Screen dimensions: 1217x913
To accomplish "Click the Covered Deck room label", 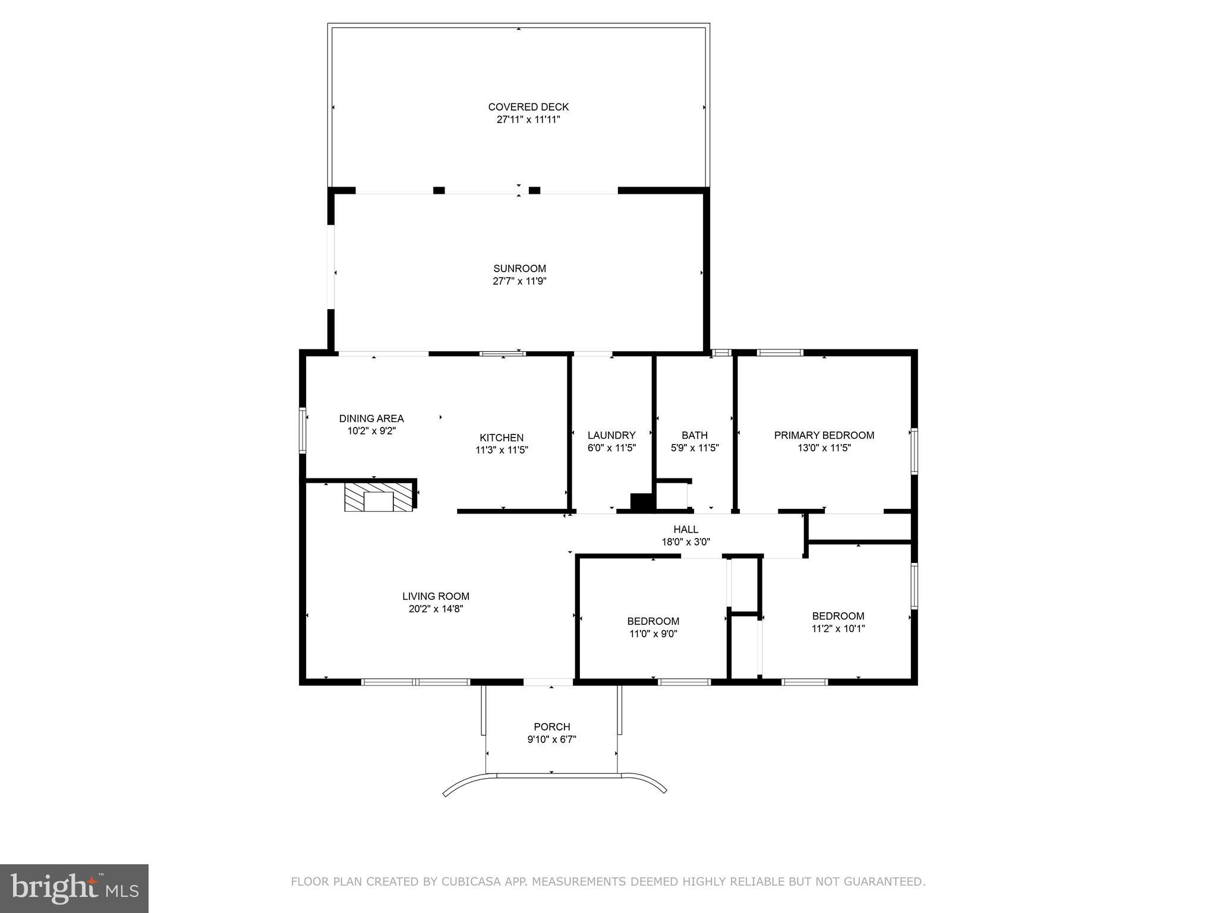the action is [528, 107].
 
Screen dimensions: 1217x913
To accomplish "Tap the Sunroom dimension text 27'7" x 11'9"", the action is [519, 281].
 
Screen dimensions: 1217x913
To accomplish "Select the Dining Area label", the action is [371, 418].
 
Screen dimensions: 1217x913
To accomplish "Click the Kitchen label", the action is [502, 438].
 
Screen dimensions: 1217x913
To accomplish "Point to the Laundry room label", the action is [611, 435].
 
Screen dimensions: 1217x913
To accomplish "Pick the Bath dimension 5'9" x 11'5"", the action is [695, 448].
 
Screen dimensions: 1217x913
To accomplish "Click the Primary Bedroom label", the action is [824, 435].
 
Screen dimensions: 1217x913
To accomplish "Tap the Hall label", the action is [686, 529].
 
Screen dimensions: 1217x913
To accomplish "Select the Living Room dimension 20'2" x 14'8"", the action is [436, 609].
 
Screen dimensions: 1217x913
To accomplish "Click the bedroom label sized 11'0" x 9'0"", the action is [653, 622].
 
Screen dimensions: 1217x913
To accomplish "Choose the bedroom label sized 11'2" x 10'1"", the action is [838, 616].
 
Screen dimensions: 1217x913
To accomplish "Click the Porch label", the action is [551, 726].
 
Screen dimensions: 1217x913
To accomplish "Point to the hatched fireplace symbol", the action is [379, 497].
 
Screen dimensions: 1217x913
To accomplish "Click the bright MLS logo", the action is [74, 888].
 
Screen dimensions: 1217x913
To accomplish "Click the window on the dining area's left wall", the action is [302, 430].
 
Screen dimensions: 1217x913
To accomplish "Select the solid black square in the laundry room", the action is [642, 502].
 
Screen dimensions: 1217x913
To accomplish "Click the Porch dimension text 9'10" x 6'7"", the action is [551, 739].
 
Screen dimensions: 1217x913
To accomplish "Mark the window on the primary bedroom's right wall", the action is [915, 452].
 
